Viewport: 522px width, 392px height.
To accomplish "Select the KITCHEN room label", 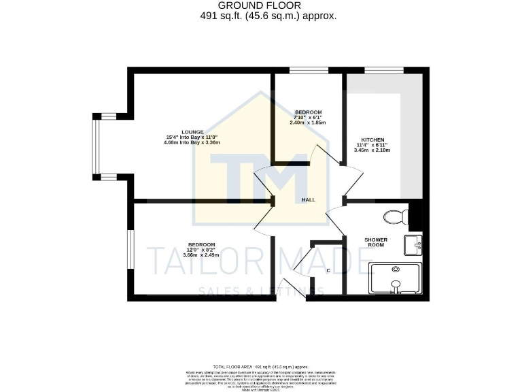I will [x=372, y=139].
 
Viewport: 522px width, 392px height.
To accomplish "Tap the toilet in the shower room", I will [x=395, y=217].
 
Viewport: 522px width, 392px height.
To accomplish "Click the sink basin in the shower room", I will [x=413, y=243].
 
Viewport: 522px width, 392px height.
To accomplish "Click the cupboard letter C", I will [x=328, y=271].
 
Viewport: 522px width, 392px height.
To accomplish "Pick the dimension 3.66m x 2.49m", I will [x=202, y=255].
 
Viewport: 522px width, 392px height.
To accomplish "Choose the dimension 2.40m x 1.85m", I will [x=308, y=123].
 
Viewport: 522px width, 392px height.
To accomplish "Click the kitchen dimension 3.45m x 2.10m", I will [x=372, y=150].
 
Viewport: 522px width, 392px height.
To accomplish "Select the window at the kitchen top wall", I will [x=384, y=70].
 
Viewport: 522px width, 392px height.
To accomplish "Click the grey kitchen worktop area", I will [x=413, y=136].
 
